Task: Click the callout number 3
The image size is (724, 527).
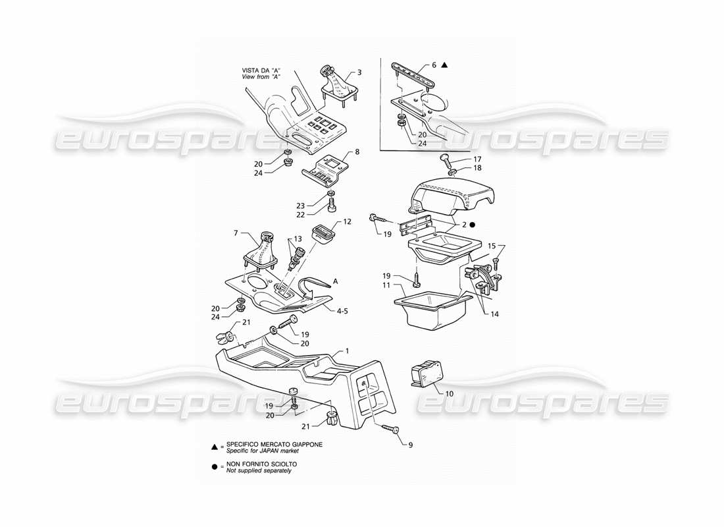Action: (x=359, y=72)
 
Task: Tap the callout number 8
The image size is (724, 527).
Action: (x=357, y=152)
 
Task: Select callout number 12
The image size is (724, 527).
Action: (x=347, y=221)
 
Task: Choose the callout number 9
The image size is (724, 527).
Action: (x=410, y=445)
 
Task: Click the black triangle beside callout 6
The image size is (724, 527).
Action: (x=446, y=65)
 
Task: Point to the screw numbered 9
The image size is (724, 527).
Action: (x=390, y=429)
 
